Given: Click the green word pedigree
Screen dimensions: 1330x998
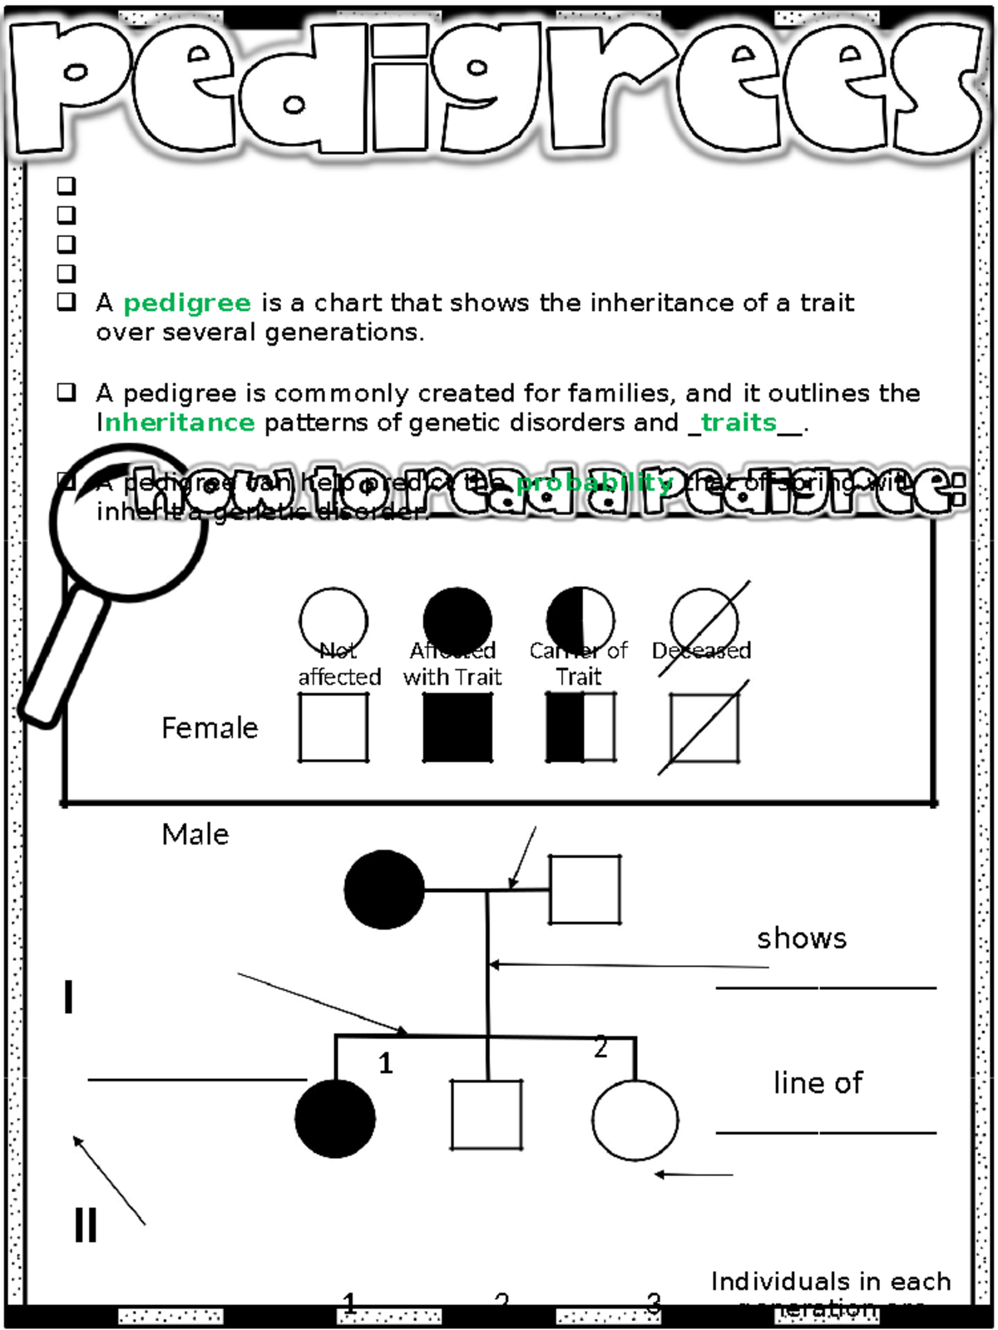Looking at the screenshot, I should coord(187,303).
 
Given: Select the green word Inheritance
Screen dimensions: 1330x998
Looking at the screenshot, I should coord(176,422).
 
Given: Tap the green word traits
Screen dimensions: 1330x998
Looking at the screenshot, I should coord(739,422).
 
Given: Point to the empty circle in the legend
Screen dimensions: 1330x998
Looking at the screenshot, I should coord(333,620).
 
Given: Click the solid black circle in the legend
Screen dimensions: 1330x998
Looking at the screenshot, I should coord(457,620).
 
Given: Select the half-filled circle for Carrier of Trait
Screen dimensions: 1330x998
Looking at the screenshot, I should coord(581,620).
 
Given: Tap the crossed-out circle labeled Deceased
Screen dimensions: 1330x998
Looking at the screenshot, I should coord(704,622).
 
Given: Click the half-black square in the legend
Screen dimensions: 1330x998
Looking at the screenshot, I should coord(581,727).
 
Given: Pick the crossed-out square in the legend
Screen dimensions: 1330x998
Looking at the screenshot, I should coord(704,728).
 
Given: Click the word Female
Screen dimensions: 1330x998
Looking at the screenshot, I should coord(210,728).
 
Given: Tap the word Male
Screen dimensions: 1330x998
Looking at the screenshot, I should coord(195,835).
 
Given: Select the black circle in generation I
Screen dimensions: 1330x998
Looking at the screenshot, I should coord(384,889).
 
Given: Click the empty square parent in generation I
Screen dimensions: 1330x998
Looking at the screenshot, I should coord(585,889).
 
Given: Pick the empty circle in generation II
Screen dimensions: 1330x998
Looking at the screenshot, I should coord(635,1120).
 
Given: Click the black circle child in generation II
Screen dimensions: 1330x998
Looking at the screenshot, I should coord(335,1119).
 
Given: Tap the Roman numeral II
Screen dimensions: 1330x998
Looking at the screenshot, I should coord(86,1224).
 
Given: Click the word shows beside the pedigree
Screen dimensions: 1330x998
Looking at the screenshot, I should coord(802,938).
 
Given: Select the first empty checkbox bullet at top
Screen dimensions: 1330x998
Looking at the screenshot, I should coord(67,185).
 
